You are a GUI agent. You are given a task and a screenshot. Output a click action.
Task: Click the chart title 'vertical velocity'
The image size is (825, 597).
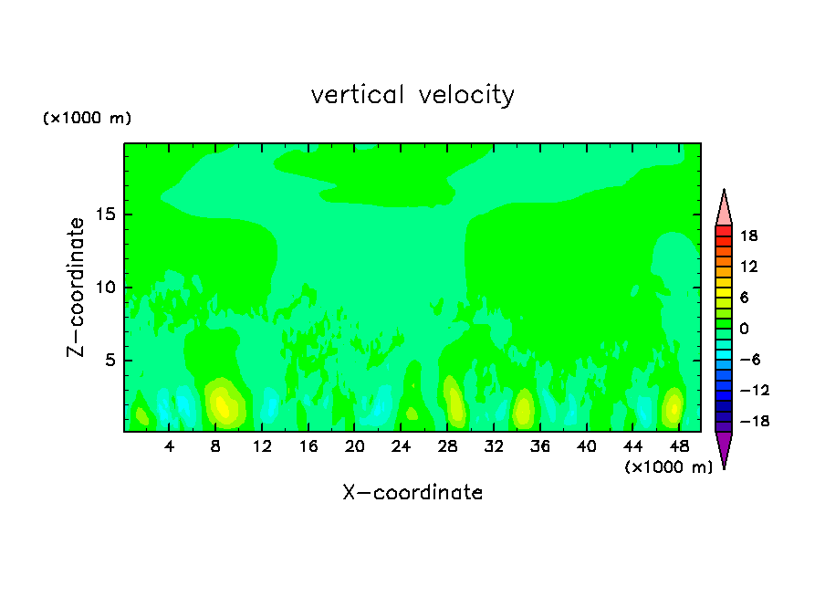412,95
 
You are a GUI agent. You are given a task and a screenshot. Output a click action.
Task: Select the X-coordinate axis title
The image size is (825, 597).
412,493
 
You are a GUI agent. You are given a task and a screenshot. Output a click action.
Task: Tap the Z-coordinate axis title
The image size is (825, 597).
77,287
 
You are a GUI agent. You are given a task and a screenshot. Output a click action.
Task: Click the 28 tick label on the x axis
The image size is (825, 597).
447,446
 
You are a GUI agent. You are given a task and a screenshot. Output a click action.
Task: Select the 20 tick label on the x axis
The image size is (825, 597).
354,446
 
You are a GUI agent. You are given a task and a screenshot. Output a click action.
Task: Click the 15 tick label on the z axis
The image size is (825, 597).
102,215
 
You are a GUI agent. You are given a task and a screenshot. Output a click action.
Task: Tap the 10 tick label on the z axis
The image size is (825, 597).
102,288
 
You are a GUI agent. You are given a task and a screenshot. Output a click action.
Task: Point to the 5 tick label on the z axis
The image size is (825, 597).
107,361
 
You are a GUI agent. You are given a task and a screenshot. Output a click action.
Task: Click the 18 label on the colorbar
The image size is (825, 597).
748,236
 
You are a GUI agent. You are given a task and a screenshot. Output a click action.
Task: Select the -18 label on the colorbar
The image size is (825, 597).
747,422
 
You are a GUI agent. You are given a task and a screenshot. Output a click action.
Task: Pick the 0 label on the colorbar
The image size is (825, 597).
744,329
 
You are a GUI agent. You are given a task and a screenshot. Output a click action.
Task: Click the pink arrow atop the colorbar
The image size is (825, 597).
724,209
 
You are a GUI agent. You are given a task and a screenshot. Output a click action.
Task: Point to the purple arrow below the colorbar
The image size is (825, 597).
724,448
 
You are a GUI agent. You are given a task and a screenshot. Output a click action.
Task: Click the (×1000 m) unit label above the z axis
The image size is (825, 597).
88,119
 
